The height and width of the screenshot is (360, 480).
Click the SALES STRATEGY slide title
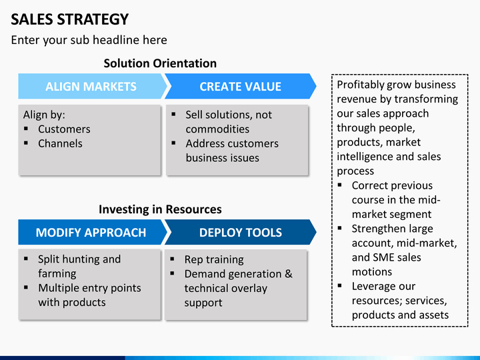coord(70,19)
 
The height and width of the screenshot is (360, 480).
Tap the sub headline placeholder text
coord(89,40)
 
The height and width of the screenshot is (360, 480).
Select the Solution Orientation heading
coord(160,63)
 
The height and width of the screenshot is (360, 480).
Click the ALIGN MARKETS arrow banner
coord(93,86)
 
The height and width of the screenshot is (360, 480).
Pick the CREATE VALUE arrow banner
coord(240,86)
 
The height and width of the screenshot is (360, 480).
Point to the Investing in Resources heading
coord(160,209)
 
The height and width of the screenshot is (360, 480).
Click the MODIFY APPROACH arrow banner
coord(93,233)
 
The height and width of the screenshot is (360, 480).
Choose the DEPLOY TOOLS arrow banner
coord(240,233)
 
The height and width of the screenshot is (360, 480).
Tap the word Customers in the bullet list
coord(64,129)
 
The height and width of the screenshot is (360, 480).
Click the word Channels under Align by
coord(60,143)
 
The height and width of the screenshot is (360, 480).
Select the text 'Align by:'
coord(44,115)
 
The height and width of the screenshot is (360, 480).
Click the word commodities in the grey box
coord(217,129)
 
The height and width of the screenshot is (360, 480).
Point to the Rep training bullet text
coord(214,259)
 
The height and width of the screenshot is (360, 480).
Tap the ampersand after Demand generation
coord(289,274)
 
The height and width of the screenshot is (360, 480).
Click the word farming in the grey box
coord(57,274)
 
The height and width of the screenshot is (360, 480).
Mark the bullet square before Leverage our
coord(339,285)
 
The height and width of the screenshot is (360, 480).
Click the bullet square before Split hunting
coord(26,259)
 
